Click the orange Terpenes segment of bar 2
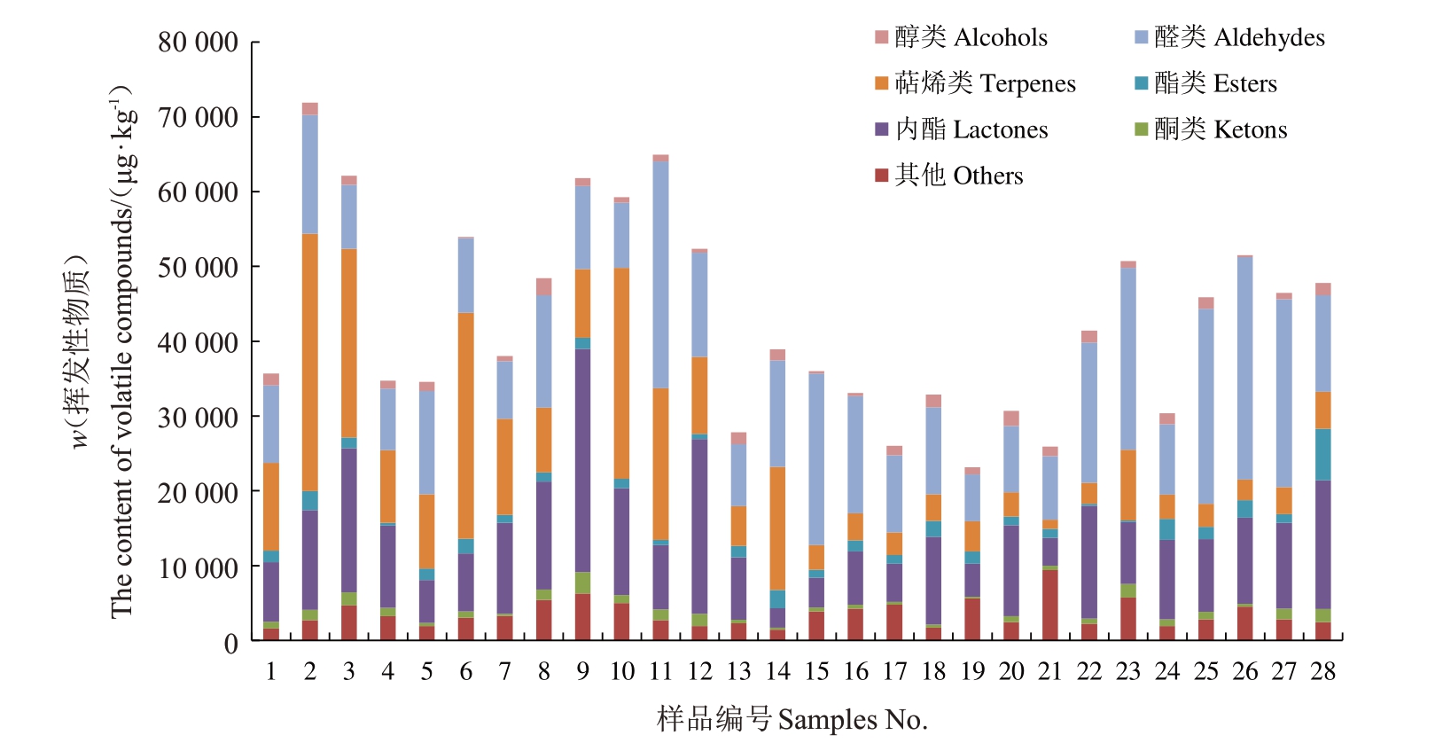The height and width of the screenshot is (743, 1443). (x=309, y=362)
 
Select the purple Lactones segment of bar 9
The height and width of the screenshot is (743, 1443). (x=582, y=460)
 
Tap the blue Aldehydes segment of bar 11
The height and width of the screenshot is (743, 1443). (x=660, y=275)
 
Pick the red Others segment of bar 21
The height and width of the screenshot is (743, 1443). (x=1050, y=605)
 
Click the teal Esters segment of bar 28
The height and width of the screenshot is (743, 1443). (x=1323, y=454)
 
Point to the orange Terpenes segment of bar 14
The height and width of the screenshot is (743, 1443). (x=777, y=528)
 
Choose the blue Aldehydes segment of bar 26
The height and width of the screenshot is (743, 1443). (x=1245, y=368)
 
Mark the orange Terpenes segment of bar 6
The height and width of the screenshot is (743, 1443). (x=465, y=426)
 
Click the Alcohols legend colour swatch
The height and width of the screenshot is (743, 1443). (x=881, y=37)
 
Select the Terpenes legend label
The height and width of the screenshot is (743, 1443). (x=985, y=83)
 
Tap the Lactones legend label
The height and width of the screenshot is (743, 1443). (x=971, y=129)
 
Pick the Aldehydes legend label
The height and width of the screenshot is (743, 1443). (x=1239, y=37)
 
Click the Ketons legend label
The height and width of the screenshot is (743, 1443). (x=1221, y=129)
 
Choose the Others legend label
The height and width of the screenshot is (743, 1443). (x=959, y=176)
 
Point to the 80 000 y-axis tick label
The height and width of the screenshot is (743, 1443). (x=198, y=43)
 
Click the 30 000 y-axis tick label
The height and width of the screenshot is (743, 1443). (x=198, y=418)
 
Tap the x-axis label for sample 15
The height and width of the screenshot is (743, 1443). (x=816, y=672)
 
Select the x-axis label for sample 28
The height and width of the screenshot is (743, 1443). (x=1323, y=672)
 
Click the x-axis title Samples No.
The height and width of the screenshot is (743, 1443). (x=792, y=719)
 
